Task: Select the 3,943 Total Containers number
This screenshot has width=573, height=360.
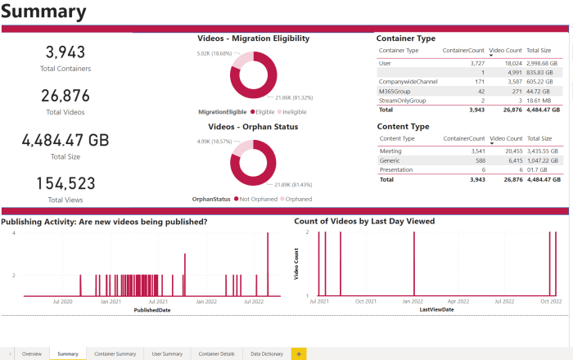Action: coord(65,52)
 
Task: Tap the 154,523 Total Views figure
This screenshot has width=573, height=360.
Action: coord(65,183)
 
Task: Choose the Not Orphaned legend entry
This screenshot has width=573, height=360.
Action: coord(255,198)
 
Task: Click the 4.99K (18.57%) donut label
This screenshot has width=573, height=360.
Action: coord(214,142)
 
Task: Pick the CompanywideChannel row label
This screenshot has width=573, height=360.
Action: coord(404,81)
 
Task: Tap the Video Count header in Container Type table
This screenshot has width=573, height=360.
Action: coord(505,50)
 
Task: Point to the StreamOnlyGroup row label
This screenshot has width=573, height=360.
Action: coord(401,100)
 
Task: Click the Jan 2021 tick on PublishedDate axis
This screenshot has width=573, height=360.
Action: coord(111,302)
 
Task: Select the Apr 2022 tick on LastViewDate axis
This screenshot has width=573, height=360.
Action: coord(458,302)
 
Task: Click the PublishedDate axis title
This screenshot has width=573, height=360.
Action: coord(153,310)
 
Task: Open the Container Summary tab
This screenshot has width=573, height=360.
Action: coord(115,353)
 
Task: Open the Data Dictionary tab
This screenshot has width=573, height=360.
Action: coord(267,353)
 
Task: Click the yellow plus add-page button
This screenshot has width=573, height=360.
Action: coord(299,353)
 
